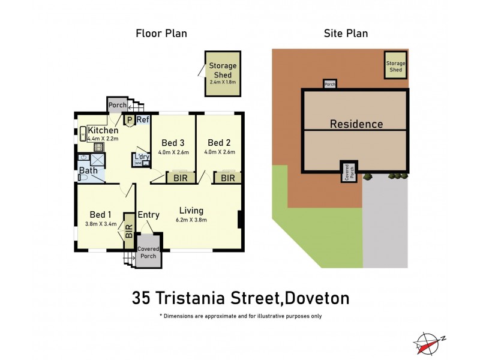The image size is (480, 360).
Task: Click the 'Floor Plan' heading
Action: [x=161, y=34]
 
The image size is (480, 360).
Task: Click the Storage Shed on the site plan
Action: [x=395, y=66]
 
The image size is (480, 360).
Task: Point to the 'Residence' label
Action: [x=356, y=124]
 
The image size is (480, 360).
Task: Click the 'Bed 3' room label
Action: [x=173, y=143]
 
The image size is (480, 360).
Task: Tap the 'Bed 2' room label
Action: [x=219, y=143]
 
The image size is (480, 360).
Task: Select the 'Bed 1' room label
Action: [x=100, y=215]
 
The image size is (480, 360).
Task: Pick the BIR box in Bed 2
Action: [x=227, y=178]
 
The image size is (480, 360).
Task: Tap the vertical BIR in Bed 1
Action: [x=129, y=231]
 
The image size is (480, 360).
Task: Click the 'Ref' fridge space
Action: [x=143, y=120]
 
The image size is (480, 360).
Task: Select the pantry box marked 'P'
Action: [x=129, y=120]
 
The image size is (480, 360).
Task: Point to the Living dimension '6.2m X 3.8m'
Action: [x=190, y=221]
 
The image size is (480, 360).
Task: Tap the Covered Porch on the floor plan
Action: [x=148, y=253]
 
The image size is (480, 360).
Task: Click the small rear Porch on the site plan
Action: [x=330, y=85]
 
